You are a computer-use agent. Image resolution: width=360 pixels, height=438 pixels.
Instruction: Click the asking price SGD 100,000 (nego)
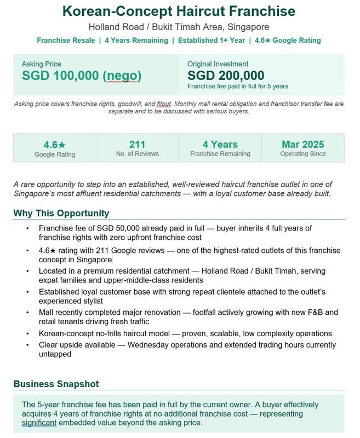[x=82, y=76]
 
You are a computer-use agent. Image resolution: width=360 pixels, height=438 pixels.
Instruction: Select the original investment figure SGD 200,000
[x=226, y=76]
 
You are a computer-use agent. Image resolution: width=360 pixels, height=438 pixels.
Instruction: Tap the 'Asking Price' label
[x=42, y=64]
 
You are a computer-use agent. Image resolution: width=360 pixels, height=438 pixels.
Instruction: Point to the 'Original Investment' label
[x=218, y=64]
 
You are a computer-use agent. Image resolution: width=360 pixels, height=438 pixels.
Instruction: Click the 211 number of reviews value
[x=137, y=145]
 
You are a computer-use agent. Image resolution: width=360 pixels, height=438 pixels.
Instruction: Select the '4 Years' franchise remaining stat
[x=220, y=145]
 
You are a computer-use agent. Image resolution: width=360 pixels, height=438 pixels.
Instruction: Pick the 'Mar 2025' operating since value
[x=303, y=145]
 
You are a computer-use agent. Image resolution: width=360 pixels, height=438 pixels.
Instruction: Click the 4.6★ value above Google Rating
[x=55, y=145]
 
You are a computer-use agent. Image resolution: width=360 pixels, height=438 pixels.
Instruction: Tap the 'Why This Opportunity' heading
[x=61, y=213]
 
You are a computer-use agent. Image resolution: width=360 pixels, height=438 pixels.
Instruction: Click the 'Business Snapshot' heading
[x=56, y=384]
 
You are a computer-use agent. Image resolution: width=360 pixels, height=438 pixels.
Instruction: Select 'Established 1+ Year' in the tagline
[x=210, y=41]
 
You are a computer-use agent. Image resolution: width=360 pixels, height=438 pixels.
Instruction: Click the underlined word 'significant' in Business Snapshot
[x=39, y=423]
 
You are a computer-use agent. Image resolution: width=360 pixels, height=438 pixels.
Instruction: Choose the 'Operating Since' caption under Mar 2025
[x=303, y=154]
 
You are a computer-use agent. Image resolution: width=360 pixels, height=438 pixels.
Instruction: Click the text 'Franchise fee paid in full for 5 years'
[x=238, y=86]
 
